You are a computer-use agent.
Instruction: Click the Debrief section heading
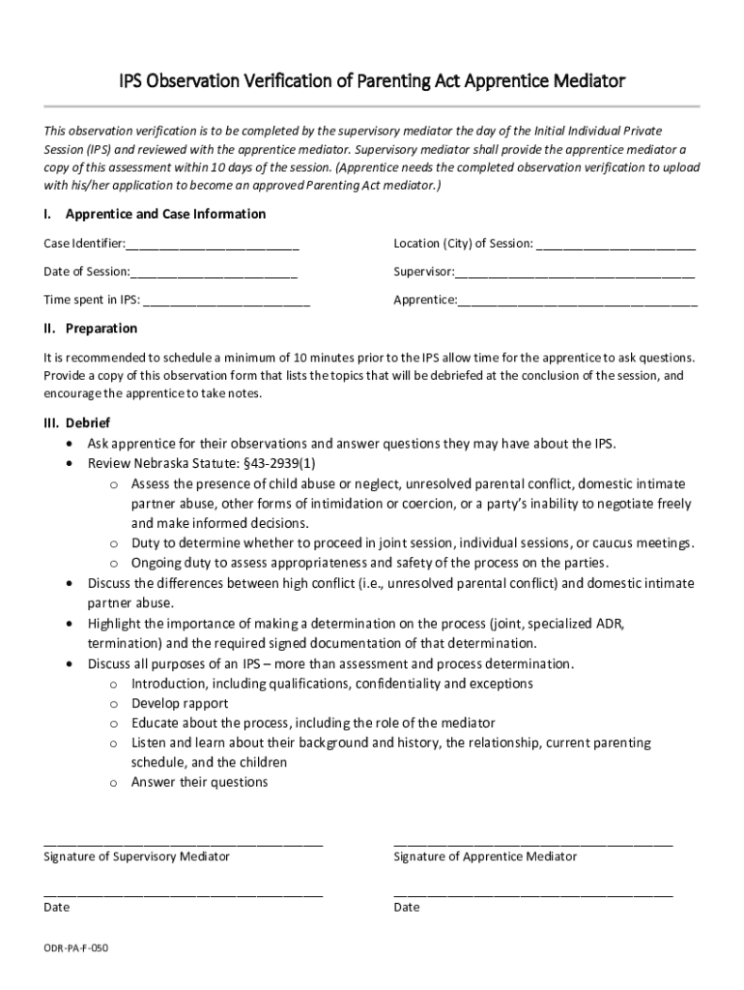tap(87, 423)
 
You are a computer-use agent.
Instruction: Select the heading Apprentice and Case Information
tap(164, 214)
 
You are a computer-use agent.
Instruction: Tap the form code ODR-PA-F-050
tap(75, 949)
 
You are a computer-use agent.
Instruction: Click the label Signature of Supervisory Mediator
tap(136, 857)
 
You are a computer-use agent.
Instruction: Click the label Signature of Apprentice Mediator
tap(485, 857)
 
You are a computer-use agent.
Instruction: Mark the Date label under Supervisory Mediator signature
tap(56, 908)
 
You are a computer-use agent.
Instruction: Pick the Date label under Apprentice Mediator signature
tap(406, 908)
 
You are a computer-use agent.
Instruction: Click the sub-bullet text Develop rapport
tap(180, 704)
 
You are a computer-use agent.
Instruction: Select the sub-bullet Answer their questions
tap(199, 782)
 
